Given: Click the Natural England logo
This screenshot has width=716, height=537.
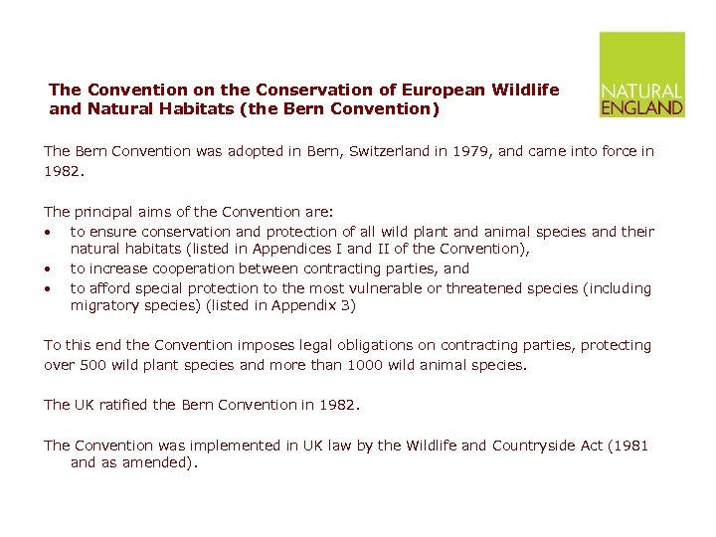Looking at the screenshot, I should [641, 75].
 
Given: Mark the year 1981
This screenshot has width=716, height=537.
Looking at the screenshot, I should [629, 446].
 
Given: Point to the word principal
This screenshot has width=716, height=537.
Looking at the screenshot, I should [107, 211].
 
